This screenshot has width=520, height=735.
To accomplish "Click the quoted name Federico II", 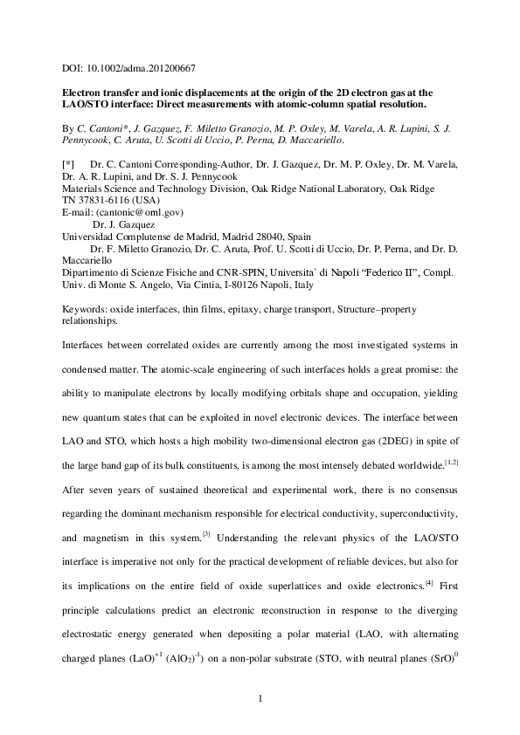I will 379,272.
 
